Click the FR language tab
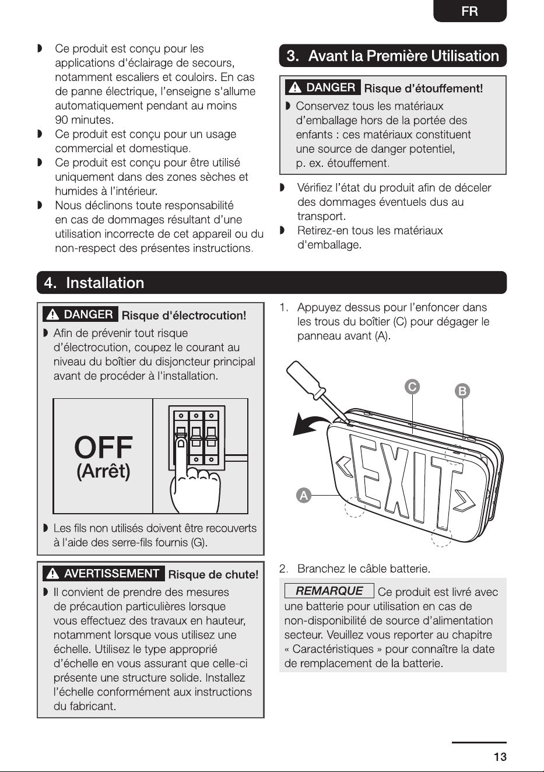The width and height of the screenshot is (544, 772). (x=470, y=11)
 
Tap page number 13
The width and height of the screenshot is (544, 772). (x=500, y=757)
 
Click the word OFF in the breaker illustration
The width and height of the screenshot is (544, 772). (x=103, y=447)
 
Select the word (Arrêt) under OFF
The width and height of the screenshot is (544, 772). (x=103, y=471)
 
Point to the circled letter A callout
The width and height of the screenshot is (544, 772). (x=304, y=496)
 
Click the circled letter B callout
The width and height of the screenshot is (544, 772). (x=462, y=391)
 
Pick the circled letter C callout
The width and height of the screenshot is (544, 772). (x=412, y=387)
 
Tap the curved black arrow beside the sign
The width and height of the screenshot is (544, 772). (x=310, y=424)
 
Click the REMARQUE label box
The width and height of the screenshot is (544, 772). (x=329, y=591)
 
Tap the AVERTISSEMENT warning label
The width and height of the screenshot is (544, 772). (x=104, y=574)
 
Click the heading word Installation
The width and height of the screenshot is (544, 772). (x=105, y=283)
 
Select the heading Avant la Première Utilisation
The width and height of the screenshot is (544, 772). (x=403, y=56)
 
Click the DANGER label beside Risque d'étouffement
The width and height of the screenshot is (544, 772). (x=323, y=87)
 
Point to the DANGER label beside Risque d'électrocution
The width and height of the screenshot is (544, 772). (x=80, y=314)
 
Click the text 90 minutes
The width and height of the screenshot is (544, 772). (x=85, y=120)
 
